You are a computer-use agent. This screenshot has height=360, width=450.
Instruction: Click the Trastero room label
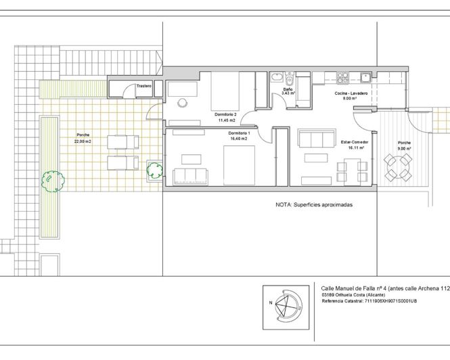(144, 86)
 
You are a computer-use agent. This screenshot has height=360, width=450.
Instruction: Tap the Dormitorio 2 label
(225, 114)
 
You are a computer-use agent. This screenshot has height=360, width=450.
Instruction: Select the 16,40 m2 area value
(239, 139)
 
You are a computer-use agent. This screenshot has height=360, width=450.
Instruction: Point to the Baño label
(288, 89)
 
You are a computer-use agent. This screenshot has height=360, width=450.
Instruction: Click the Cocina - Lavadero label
(351, 93)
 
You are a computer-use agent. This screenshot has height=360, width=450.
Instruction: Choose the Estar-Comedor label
(355, 142)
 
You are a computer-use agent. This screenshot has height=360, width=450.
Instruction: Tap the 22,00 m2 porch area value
(83, 141)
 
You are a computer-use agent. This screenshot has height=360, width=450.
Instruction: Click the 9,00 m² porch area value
(405, 148)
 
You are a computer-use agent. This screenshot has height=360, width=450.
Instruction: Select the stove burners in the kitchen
(342, 78)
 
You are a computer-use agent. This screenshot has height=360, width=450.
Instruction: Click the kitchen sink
(366, 78)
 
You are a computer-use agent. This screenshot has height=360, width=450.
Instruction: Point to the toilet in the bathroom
(290, 78)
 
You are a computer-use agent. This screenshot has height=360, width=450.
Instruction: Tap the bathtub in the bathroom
(277, 78)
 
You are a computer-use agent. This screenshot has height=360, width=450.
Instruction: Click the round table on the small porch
(397, 167)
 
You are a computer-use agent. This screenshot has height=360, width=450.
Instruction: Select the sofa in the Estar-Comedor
(317, 138)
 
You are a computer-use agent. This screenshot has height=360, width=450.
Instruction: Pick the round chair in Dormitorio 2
(182, 103)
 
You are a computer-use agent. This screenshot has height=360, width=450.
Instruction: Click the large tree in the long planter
(53, 181)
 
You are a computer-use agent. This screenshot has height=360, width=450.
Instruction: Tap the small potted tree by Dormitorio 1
(155, 171)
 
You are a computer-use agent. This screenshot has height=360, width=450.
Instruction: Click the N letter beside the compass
(271, 302)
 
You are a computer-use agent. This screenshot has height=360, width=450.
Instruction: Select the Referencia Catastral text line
(369, 301)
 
